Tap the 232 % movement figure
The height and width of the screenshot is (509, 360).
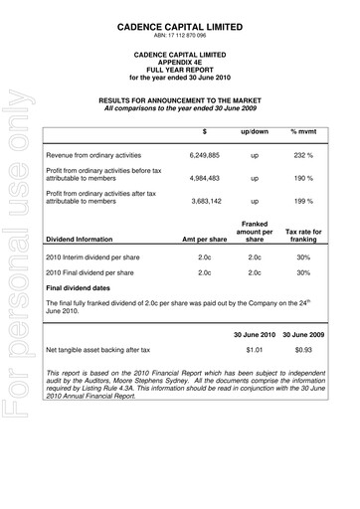pyautogui.click(x=302, y=156)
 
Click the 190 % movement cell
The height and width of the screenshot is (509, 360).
pyautogui.click(x=302, y=179)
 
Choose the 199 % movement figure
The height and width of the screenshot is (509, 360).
pyautogui.click(x=302, y=201)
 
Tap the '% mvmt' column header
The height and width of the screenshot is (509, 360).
pyautogui.click(x=302, y=131)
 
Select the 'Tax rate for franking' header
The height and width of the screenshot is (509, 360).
pyautogui.click(x=302, y=234)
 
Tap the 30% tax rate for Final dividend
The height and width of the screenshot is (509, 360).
pyautogui.click(x=302, y=271)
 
